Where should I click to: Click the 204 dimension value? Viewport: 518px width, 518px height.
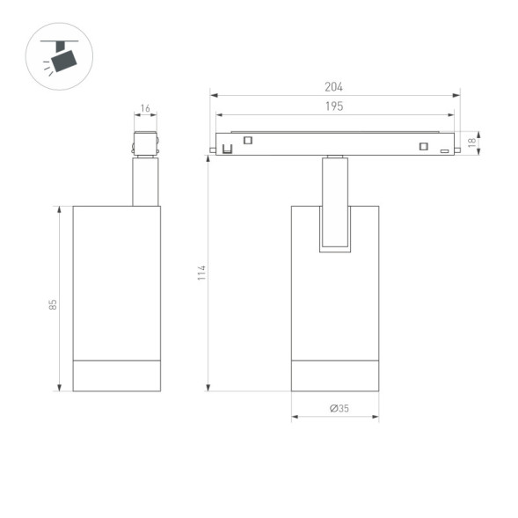[x=333, y=86]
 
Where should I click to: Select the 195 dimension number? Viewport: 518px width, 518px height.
[x=333, y=106]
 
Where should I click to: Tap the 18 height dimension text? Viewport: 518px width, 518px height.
[x=471, y=142]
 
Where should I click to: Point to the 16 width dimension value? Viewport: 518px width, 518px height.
[x=145, y=108]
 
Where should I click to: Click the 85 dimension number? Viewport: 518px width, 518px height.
[x=53, y=304]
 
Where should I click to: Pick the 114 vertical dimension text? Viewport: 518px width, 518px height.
[x=201, y=273]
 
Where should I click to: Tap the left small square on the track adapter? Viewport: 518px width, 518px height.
[x=249, y=140]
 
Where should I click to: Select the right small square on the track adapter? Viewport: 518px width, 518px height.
[x=423, y=146]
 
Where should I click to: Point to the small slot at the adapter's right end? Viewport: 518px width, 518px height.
[x=445, y=151]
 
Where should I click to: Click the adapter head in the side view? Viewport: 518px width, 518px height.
[x=145, y=144]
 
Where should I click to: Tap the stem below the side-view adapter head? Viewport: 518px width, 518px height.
[x=145, y=182]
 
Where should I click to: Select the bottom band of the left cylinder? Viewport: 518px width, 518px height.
[x=116, y=376]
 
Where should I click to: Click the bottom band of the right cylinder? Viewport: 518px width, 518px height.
[x=334, y=376]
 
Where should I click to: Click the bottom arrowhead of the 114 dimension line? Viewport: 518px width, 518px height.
[x=208, y=387]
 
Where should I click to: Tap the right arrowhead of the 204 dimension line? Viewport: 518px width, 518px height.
[x=457, y=94]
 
